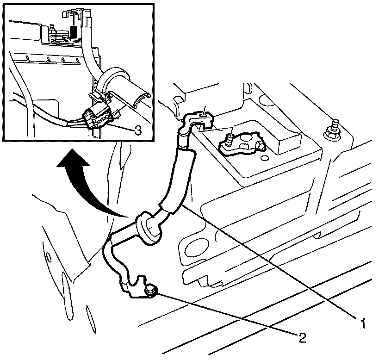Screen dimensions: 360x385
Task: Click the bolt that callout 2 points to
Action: pyautogui.click(x=150, y=290)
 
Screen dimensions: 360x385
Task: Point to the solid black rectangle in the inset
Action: pyautogui.click(x=74, y=32)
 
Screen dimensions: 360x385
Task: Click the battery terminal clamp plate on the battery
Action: pyautogui.click(x=243, y=143)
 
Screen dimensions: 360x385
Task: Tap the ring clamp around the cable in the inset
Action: pyautogui.click(x=111, y=81)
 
